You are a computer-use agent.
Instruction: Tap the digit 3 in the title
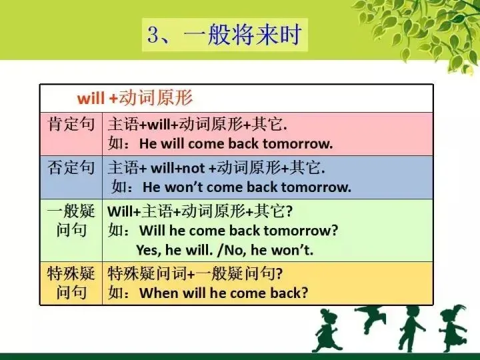[157, 35]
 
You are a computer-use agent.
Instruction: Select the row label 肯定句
[71, 124]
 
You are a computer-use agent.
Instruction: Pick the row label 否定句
[71, 167]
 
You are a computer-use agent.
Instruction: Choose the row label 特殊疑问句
[71, 283]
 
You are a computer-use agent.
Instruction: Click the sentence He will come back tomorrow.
[237, 143]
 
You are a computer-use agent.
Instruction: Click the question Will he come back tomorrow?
[239, 231]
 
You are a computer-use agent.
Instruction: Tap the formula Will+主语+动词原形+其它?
[200, 211]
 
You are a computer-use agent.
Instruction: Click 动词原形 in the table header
[156, 99]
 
